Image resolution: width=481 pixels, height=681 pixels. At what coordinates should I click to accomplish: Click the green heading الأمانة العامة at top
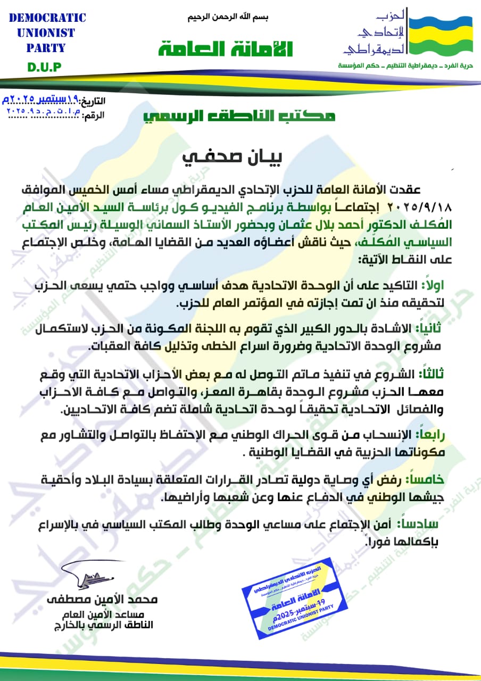(x=226, y=48)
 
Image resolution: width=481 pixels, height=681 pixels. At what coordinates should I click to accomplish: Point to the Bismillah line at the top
(x=228, y=17)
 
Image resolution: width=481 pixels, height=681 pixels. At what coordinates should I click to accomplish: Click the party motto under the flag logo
(x=409, y=65)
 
